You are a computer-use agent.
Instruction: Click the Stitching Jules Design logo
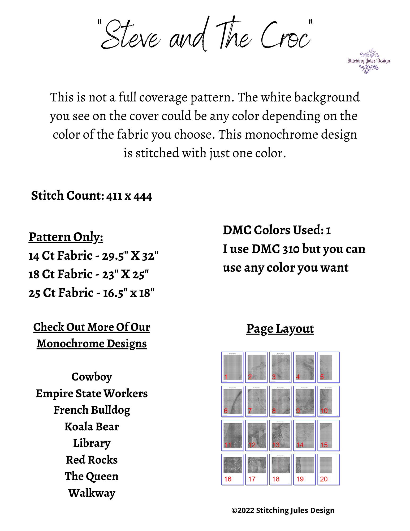[x=369, y=61]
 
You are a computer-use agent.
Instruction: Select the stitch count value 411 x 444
[x=129, y=196]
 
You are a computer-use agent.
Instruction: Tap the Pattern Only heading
[x=66, y=237]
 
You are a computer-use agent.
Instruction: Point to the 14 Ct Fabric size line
[x=93, y=256]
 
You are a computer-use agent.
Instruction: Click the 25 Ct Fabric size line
[x=91, y=293]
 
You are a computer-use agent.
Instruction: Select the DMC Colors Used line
[x=277, y=230]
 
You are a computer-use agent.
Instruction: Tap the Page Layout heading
[x=280, y=329]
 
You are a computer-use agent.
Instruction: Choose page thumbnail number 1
[x=232, y=367]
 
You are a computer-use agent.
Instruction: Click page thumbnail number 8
[x=280, y=401]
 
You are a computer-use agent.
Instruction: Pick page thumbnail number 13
[x=280, y=435]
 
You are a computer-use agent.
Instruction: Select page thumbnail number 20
[x=328, y=469]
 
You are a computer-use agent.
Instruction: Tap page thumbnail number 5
[x=328, y=367]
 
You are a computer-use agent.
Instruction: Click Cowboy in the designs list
[x=92, y=377]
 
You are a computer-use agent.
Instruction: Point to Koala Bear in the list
[x=92, y=427]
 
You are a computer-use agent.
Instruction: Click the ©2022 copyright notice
[x=283, y=511]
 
